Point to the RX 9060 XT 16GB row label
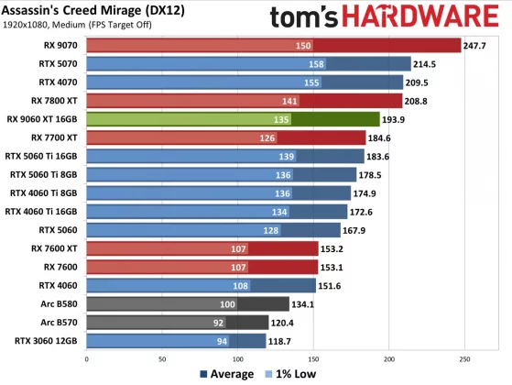click(x=45, y=119)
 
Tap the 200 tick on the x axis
click(x=389, y=358)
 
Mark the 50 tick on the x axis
click(x=162, y=358)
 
